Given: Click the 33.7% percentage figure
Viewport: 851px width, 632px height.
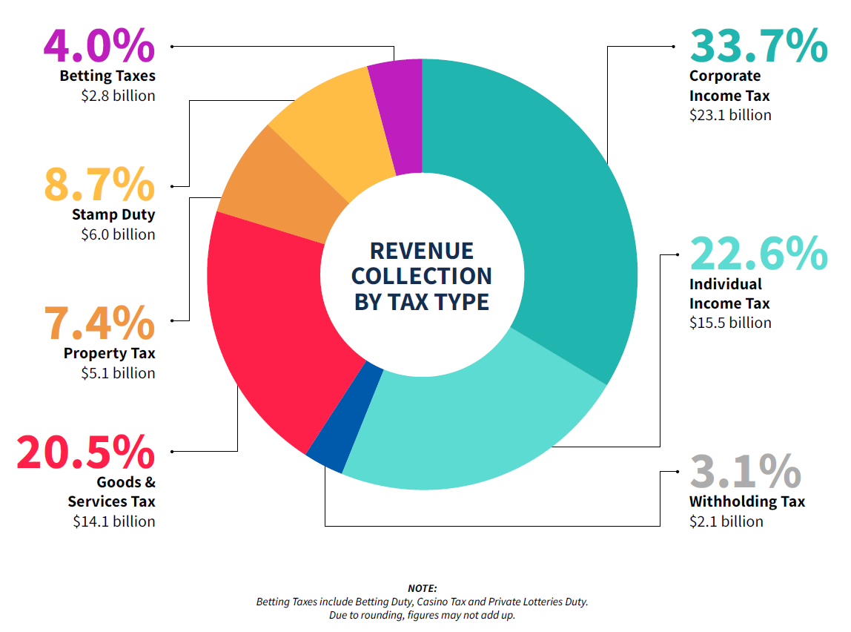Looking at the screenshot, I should click(x=758, y=46).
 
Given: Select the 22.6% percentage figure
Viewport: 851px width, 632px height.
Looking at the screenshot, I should click(x=758, y=254).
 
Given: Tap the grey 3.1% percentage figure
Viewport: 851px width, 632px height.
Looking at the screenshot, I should click(x=745, y=471).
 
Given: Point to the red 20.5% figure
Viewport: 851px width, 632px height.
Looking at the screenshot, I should click(x=86, y=452).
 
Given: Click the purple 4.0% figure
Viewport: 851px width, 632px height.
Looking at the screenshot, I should click(x=99, y=46).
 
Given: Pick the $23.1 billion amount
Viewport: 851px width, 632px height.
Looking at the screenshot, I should click(x=730, y=115).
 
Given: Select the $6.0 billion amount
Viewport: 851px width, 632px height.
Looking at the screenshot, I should click(x=118, y=234).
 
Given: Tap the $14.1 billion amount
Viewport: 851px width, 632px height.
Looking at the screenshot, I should click(x=114, y=521).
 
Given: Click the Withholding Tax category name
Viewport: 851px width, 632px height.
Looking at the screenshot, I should click(x=746, y=501).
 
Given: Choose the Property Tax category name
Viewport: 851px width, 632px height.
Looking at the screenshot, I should click(x=110, y=353).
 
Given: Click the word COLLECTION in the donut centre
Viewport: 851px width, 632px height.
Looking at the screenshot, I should click(x=421, y=276).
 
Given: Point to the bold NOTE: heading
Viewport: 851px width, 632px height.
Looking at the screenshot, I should click(x=422, y=588).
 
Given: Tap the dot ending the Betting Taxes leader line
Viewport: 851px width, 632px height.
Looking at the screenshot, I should click(x=172, y=46).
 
